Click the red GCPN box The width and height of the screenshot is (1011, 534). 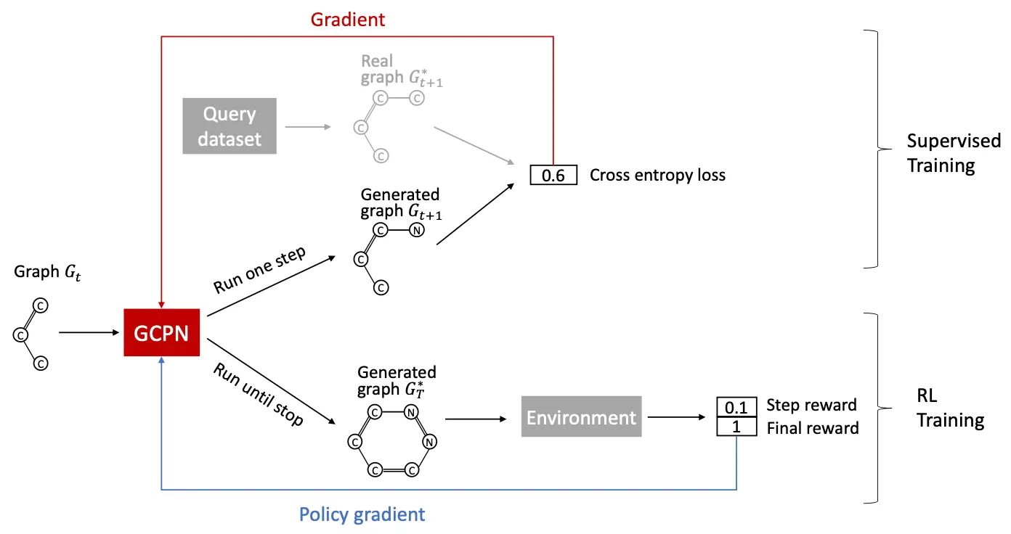[161, 332]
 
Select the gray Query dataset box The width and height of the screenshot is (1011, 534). [230, 126]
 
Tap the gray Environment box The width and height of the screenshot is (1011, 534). [581, 416]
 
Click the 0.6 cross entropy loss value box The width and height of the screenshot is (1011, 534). [553, 175]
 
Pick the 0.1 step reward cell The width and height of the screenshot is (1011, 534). [736, 407]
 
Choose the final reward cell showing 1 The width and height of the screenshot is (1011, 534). [736, 426]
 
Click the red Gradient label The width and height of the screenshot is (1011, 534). [347, 20]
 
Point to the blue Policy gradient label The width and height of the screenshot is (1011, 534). [362, 514]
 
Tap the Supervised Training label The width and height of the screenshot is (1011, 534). [953, 153]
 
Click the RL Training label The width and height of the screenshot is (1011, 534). [950, 408]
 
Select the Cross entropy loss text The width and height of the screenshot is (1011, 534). [657, 175]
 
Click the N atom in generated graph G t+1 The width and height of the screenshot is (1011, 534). [417, 231]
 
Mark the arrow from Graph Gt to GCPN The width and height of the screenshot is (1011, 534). [89, 332]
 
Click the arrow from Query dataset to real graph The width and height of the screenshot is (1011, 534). [308, 127]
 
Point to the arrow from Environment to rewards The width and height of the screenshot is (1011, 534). [677, 417]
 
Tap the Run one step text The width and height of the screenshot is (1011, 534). [259, 270]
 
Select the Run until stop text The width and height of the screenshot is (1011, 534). [258, 394]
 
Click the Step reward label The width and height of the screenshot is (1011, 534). [811, 405]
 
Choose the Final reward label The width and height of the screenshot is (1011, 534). [813, 428]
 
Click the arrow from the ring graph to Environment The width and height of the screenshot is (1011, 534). [476, 419]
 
